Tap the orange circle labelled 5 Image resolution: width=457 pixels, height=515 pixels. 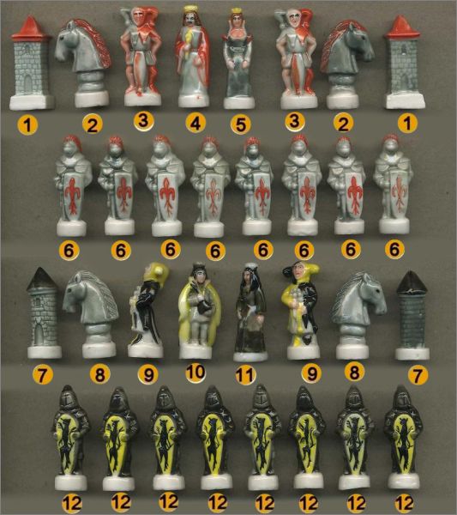coord(241,124)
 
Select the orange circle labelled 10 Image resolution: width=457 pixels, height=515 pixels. coord(195,373)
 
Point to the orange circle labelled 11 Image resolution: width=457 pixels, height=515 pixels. coord(246,375)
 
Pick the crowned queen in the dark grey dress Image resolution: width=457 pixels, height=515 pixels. coord(238,59)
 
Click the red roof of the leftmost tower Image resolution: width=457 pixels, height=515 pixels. coord(30,27)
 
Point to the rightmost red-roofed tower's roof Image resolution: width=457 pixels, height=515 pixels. coord(402,27)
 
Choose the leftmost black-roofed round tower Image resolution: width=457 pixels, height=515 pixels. coord(42,312)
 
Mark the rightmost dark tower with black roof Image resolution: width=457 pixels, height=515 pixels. coord(412,315)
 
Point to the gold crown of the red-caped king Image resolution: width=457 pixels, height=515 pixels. coord(190,9)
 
